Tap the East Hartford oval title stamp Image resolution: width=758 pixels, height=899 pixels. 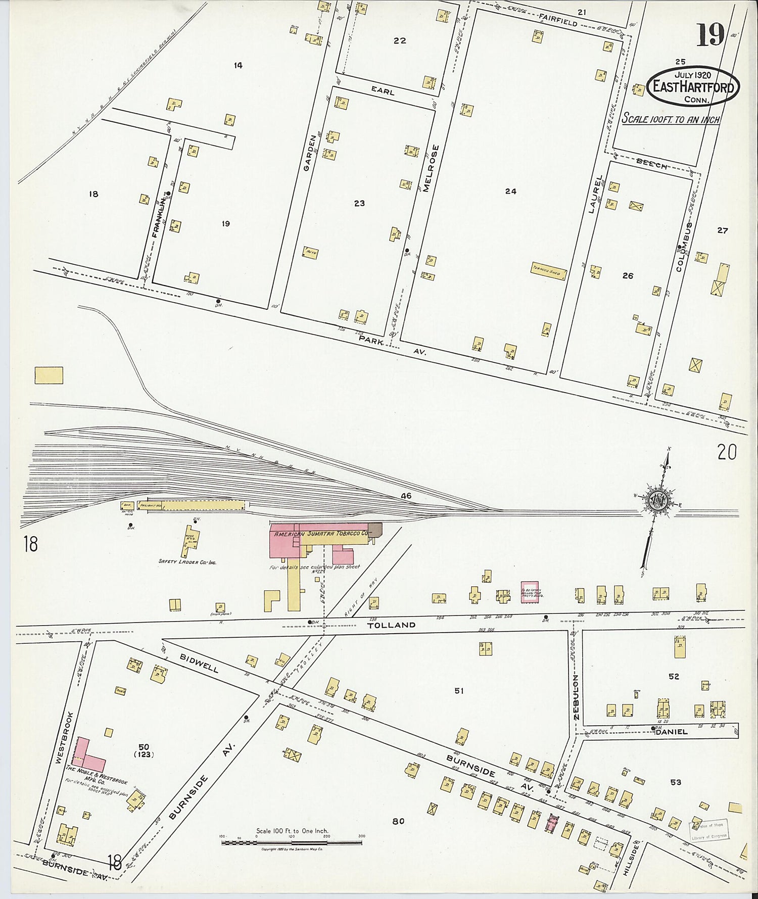click(x=693, y=86)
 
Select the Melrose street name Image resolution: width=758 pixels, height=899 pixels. click(x=428, y=169)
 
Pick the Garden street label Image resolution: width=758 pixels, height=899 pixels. click(x=310, y=152)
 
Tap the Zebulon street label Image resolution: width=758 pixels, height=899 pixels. click(x=577, y=697)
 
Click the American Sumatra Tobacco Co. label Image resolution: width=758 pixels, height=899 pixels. click(x=320, y=534)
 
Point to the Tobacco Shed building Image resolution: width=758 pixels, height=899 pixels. click(x=548, y=271)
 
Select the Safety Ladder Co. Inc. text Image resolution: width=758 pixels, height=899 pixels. click(x=187, y=561)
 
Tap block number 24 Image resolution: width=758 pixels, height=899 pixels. click(x=510, y=191)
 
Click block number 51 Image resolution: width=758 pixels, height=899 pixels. click(x=458, y=690)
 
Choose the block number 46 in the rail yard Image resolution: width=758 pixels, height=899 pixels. click(x=406, y=496)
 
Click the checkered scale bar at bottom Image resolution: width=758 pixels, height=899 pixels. click(x=292, y=842)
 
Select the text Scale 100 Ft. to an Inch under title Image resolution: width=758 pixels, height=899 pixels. click(x=670, y=119)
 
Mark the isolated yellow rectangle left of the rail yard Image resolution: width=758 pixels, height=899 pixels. click(x=49, y=375)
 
